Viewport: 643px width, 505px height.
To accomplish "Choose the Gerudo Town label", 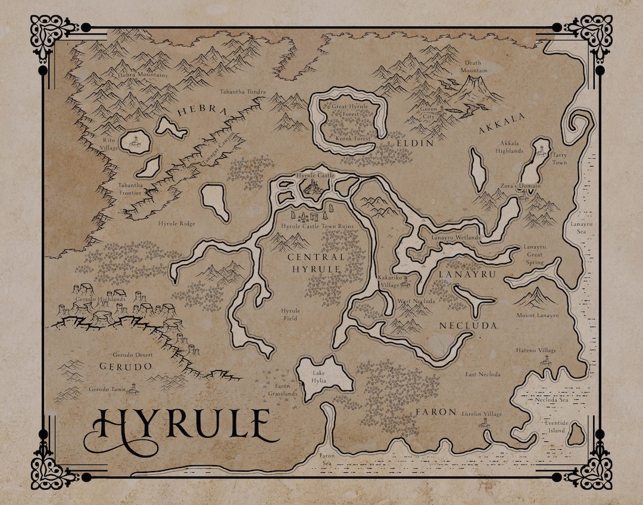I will point(107,389).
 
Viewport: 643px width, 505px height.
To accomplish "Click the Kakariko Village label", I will point(391,281).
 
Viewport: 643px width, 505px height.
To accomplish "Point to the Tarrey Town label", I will point(560,159).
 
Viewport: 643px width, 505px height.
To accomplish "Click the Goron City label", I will point(429,113).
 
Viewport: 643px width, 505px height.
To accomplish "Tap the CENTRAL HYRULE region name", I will point(316,263).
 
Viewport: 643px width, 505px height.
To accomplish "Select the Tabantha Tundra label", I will point(242,92).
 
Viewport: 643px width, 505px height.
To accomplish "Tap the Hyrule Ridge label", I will point(176,224).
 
